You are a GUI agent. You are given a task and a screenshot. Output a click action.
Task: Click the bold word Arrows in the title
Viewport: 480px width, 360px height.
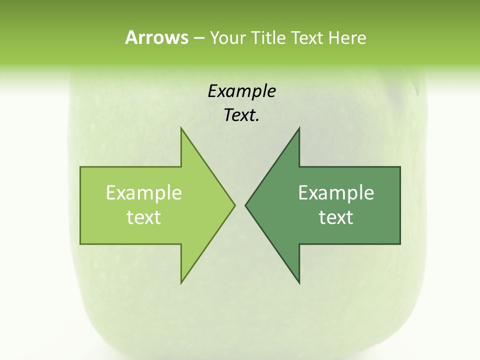click(x=156, y=38)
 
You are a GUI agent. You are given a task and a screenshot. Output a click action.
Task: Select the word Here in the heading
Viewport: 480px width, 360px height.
click(x=347, y=38)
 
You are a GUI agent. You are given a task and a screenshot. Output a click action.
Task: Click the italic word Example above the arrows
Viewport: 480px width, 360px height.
click(x=241, y=91)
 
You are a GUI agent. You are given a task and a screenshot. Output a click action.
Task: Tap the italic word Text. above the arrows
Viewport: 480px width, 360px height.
click(x=241, y=115)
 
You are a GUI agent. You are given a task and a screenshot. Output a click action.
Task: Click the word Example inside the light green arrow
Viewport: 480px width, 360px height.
click(x=144, y=193)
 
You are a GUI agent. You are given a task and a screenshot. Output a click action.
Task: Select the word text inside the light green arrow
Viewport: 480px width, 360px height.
click(x=144, y=217)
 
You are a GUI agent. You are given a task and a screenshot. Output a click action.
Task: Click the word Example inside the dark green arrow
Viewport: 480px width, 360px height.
click(x=336, y=193)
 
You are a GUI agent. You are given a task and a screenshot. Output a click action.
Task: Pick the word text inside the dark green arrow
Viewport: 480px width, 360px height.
click(x=336, y=217)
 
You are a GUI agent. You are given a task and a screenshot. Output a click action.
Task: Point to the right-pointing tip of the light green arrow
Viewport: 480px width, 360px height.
click(x=234, y=205)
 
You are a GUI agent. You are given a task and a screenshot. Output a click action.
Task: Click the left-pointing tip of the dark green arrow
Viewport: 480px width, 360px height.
click(x=245, y=205)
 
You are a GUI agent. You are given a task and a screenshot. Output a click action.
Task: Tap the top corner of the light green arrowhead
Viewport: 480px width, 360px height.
click(x=181, y=128)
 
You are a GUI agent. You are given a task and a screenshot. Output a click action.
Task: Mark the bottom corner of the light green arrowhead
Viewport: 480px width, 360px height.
click(x=181, y=283)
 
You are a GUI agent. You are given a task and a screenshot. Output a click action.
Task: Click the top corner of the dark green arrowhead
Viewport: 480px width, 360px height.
click(x=299, y=128)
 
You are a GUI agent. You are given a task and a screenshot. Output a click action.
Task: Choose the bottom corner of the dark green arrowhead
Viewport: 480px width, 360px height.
click(x=299, y=283)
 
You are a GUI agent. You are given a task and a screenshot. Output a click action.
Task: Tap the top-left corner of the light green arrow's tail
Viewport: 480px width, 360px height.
click(x=80, y=167)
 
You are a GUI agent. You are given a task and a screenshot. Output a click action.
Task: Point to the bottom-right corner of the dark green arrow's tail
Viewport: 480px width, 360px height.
click(x=400, y=244)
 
